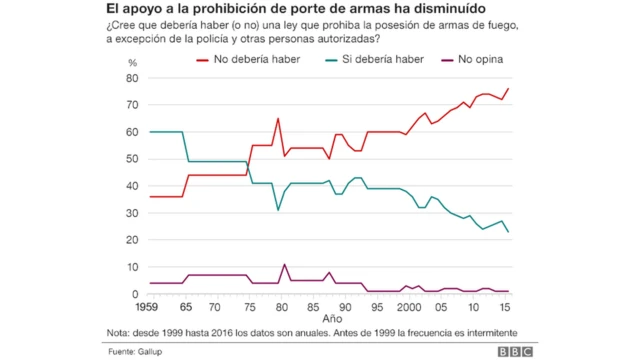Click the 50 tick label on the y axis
click(132, 159)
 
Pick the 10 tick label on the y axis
click(132, 267)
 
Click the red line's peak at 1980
click(278, 119)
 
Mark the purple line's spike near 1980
click(284, 265)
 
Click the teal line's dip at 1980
click(279, 210)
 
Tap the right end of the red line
click(508, 89)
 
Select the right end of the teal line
click(508, 232)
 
